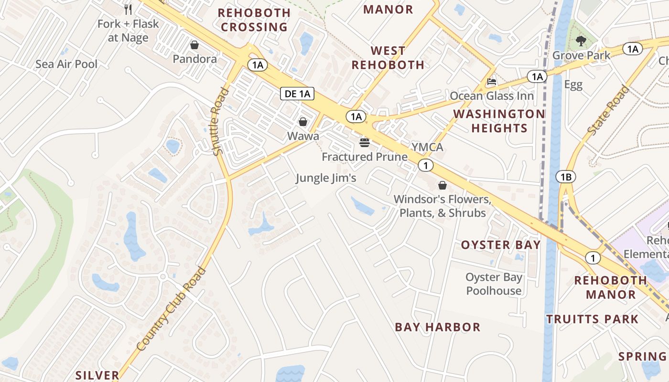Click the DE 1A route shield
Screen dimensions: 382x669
(x=297, y=94)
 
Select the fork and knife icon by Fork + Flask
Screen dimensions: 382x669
(x=128, y=9)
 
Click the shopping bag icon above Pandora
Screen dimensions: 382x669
(x=194, y=45)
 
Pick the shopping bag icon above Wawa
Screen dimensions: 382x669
(x=303, y=122)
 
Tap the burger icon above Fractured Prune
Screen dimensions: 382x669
(x=365, y=142)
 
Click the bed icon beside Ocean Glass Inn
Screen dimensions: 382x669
(x=492, y=82)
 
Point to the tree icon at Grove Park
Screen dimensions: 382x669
(x=581, y=41)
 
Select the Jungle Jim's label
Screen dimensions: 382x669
(x=326, y=178)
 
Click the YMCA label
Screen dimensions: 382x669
(x=428, y=147)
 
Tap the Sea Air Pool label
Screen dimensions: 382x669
(x=66, y=64)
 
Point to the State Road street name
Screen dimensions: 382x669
(x=609, y=110)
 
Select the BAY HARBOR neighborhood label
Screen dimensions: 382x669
(x=437, y=327)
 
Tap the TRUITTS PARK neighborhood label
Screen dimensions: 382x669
(x=592, y=319)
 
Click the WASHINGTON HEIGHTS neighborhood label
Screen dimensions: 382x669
(x=499, y=121)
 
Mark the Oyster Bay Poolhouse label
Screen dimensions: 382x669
(x=494, y=284)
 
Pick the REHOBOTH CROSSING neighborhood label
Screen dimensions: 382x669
(x=254, y=20)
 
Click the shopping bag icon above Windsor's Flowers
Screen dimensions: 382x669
(x=442, y=185)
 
